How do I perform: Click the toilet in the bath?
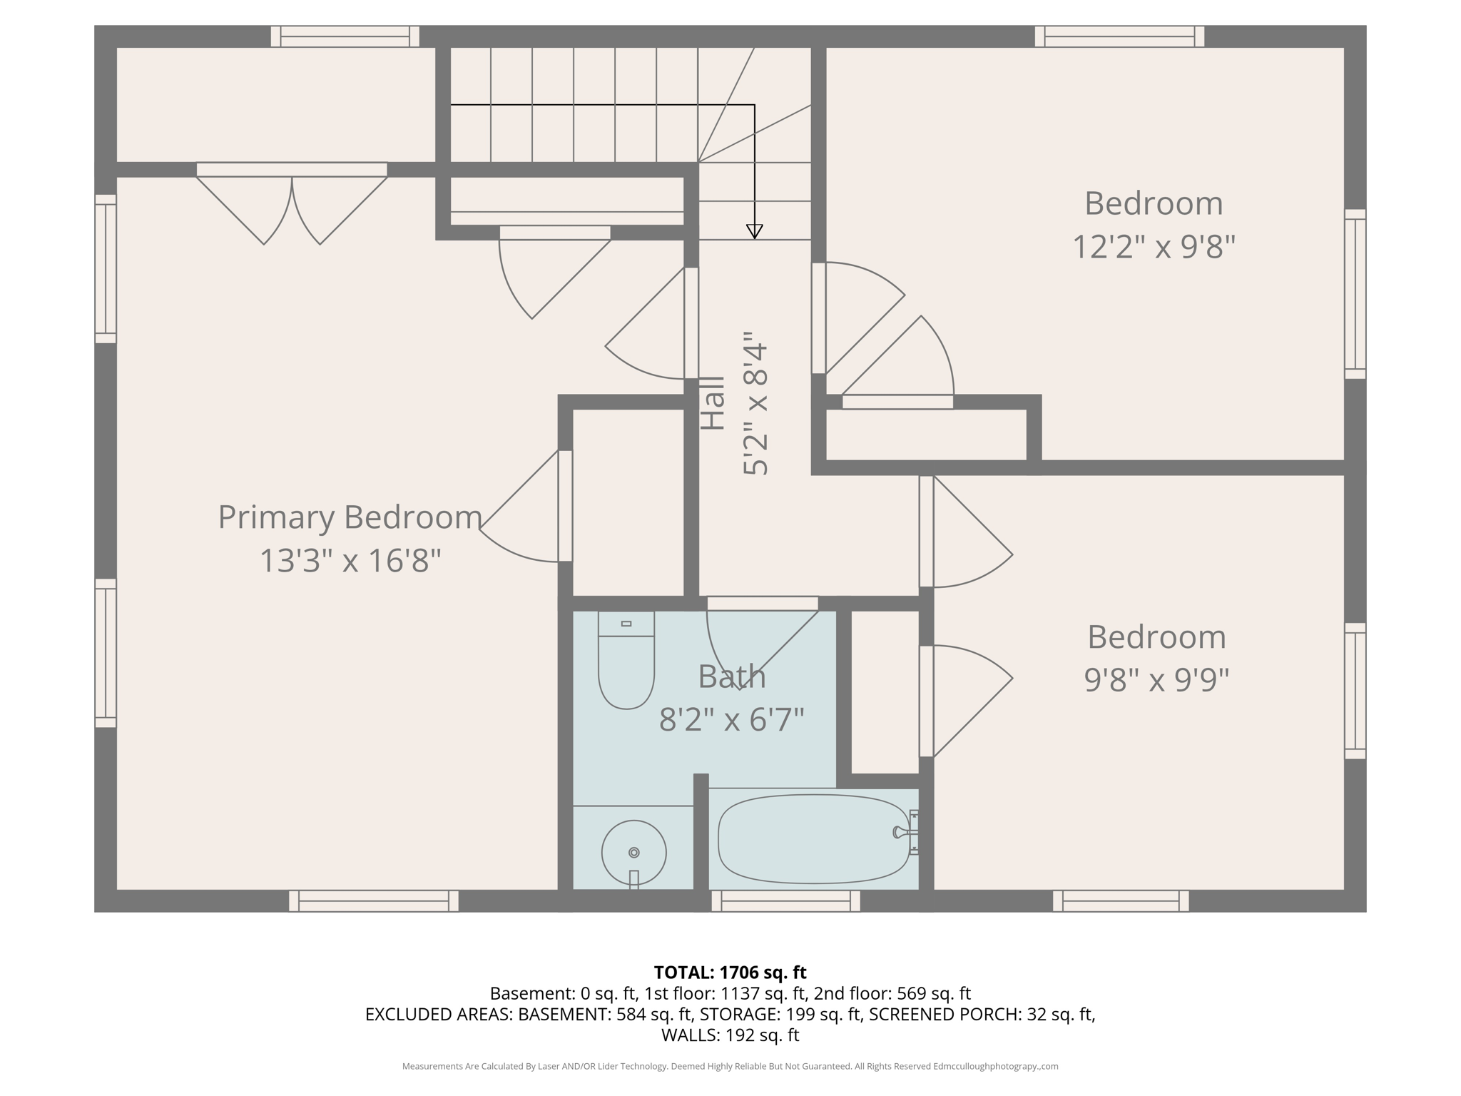coord(626,664)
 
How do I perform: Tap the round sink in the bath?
coord(633,853)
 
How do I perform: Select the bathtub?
coord(813,839)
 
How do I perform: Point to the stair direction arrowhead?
coord(754,231)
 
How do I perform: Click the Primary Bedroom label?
coord(350,517)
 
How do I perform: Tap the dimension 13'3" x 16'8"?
coord(350,561)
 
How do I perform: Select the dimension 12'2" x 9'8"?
coord(1154,248)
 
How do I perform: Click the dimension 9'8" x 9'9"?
coord(1156,680)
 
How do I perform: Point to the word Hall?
coord(713,403)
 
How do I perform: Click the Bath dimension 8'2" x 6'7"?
coord(731,719)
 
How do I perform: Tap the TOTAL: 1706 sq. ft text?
coord(730,973)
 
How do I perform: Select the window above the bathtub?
coord(785,901)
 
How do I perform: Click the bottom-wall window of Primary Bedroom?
coord(373,901)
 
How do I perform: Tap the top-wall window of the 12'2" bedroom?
coord(1119,36)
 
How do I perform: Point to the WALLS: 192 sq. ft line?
coord(730,1035)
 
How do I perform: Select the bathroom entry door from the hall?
coord(762,604)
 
